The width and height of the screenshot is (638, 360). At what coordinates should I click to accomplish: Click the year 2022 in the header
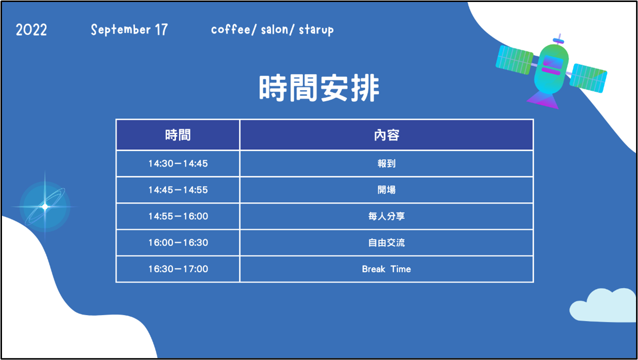(31, 30)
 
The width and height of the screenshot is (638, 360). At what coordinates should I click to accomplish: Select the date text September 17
(129, 30)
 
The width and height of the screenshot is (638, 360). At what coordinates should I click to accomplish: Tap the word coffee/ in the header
(234, 29)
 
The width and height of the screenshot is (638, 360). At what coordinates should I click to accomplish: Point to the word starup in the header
(316, 30)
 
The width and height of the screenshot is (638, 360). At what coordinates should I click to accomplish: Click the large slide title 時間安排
(319, 88)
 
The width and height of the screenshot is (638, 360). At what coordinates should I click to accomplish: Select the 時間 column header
(178, 135)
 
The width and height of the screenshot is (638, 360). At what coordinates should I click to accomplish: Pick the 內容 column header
(387, 135)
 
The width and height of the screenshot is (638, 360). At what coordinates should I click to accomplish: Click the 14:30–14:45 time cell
(178, 164)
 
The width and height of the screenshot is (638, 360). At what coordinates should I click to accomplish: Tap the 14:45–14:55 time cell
(178, 190)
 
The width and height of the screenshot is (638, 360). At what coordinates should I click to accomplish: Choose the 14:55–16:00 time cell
(178, 216)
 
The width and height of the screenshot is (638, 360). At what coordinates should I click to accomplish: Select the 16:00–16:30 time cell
(178, 243)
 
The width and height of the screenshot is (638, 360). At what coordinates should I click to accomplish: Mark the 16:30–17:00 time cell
(178, 269)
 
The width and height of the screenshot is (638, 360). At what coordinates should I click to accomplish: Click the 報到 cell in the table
(387, 164)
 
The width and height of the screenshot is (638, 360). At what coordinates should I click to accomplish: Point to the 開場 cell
(387, 190)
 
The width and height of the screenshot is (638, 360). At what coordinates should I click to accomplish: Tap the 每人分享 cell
(387, 216)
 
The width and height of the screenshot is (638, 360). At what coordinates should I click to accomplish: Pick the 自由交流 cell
(387, 243)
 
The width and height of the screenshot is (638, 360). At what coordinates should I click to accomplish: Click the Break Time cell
(387, 269)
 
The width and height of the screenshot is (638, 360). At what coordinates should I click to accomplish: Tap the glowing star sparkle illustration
(45, 207)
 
